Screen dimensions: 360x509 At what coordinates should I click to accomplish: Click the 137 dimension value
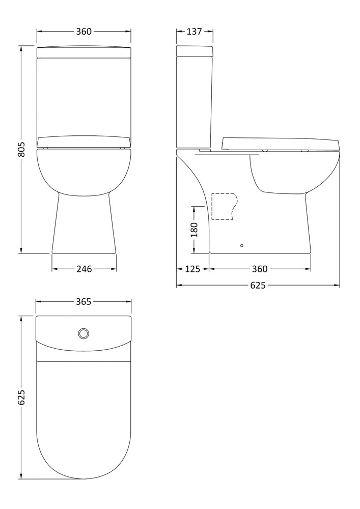pyautogui.click(x=194, y=31)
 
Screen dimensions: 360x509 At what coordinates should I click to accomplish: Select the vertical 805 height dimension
pyautogui.click(x=21, y=150)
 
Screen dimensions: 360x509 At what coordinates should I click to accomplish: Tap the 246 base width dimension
pyautogui.click(x=84, y=269)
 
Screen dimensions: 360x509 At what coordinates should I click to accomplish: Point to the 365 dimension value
pyautogui.click(x=84, y=301)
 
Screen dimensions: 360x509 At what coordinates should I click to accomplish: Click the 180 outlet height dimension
pyautogui.click(x=194, y=230)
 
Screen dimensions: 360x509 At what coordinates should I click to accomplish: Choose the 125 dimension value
pyautogui.click(x=193, y=269)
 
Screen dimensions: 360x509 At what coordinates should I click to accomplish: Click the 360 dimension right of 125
pyautogui.click(x=260, y=269)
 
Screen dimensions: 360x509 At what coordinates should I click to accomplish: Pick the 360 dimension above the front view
pyautogui.click(x=84, y=31)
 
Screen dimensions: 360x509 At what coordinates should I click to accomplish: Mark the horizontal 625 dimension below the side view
pyautogui.click(x=258, y=285)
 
